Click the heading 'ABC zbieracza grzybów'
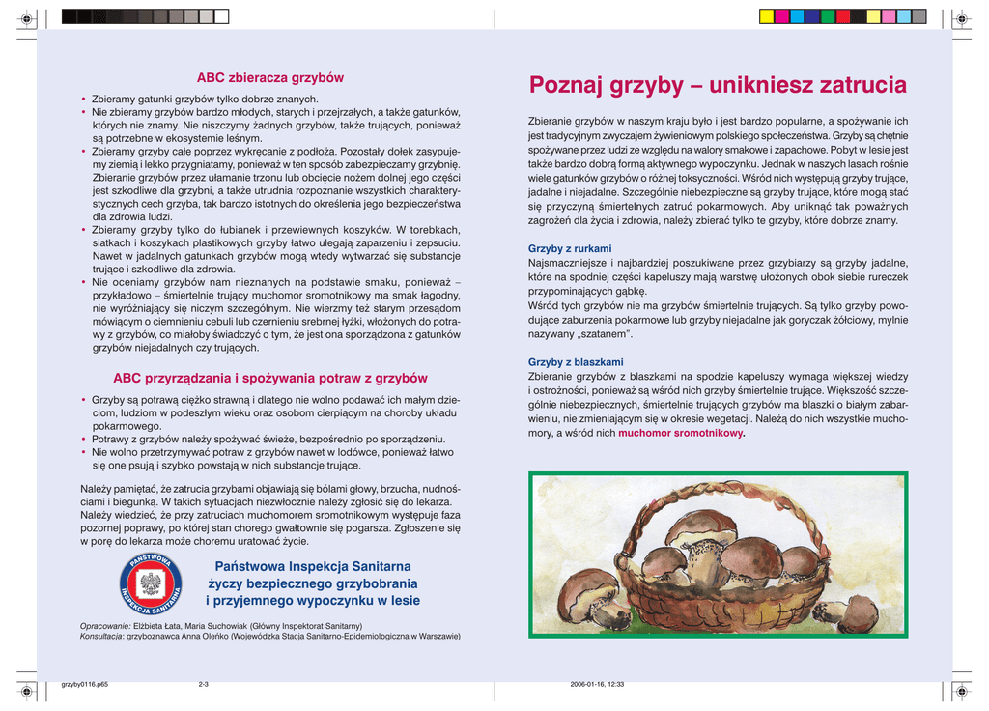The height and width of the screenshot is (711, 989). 270,77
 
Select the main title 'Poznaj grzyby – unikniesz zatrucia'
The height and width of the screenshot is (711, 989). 718,86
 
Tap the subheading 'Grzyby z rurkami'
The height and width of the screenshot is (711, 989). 563,248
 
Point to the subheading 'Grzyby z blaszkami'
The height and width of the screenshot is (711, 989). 569,362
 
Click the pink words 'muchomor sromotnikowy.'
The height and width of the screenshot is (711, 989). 682,434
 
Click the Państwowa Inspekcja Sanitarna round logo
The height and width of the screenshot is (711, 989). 150,584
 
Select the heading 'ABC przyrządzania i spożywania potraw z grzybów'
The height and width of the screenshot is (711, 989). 270,378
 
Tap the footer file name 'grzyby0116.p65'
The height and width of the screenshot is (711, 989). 84,684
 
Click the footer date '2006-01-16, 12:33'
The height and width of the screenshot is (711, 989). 598,684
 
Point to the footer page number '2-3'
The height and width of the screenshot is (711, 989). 204,684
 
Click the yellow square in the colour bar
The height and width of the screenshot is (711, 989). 766,16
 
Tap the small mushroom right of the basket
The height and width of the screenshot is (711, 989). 851,611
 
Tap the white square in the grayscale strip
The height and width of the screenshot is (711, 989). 222,16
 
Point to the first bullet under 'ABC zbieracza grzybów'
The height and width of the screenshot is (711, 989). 84,100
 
